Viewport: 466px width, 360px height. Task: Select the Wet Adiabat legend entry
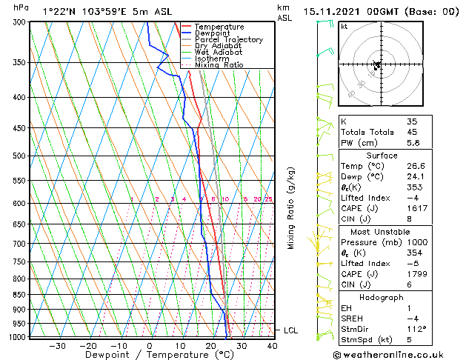[221, 53]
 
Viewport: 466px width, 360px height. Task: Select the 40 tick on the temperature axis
[272, 346]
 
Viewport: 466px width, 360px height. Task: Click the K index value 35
[412, 121]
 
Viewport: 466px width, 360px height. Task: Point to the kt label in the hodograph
[344, 27]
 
